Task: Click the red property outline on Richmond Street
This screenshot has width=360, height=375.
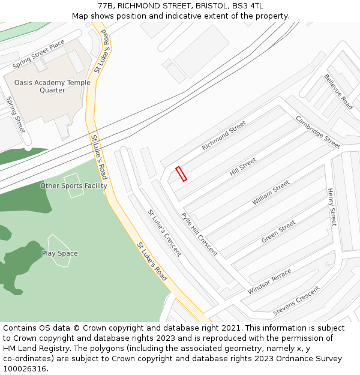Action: coord(181,173)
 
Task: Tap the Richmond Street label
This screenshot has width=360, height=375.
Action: coord(224,136)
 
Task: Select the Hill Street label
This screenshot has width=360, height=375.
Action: coord(243,166)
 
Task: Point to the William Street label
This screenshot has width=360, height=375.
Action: coord(271,193)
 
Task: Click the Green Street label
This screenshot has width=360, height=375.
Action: coord(278,232)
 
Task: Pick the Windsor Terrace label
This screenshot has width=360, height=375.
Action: coord(269,281)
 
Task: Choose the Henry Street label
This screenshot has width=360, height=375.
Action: coord(331,207)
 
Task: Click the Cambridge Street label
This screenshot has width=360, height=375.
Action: coord(318,132)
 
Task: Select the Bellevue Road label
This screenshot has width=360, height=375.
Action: coord(338,91)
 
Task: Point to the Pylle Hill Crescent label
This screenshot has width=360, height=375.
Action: coord(199,234)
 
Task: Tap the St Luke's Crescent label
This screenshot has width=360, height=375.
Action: coord(164,233)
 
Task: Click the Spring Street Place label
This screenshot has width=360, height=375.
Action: coord(38,54)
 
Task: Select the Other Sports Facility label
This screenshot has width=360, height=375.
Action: coord(73,185)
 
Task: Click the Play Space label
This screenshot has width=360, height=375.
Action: coord(59,253)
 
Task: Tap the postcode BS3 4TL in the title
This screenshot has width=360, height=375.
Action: coord(247,5)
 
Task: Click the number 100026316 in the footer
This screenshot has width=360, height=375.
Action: coord(26,369)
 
